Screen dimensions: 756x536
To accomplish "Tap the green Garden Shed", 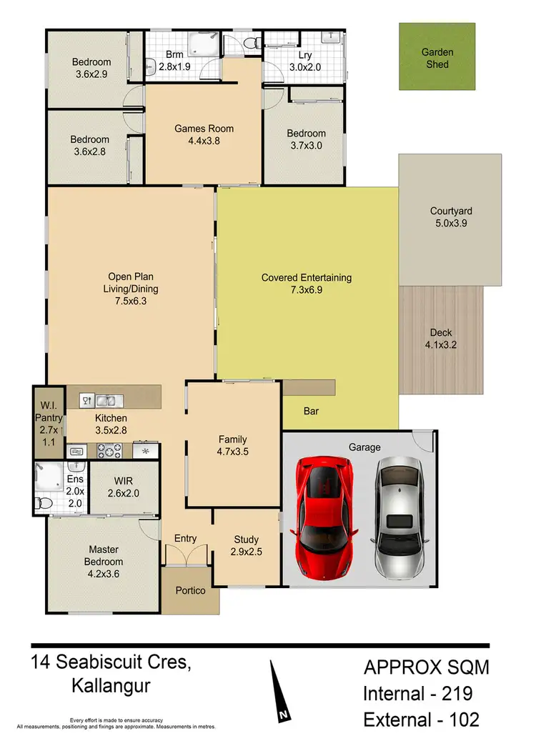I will pyautogui.click(x=435, y=58).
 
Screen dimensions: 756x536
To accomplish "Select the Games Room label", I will pyautogui.click(x=204, y=129).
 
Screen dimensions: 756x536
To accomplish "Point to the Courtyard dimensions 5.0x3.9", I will pyautogui.click(x=451, y=223).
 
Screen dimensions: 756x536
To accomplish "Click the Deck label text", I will pyautogui.click(x=441, y=332).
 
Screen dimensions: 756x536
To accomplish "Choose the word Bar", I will pyautogui.click(x=312, y=412).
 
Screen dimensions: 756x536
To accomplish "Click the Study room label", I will pyautogui.click(x=247, y=539).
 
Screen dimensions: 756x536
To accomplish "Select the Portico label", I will pyautogui.click(x=190, y=590).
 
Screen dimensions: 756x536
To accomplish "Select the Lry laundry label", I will pyautogui.click(x=304, y=54).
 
